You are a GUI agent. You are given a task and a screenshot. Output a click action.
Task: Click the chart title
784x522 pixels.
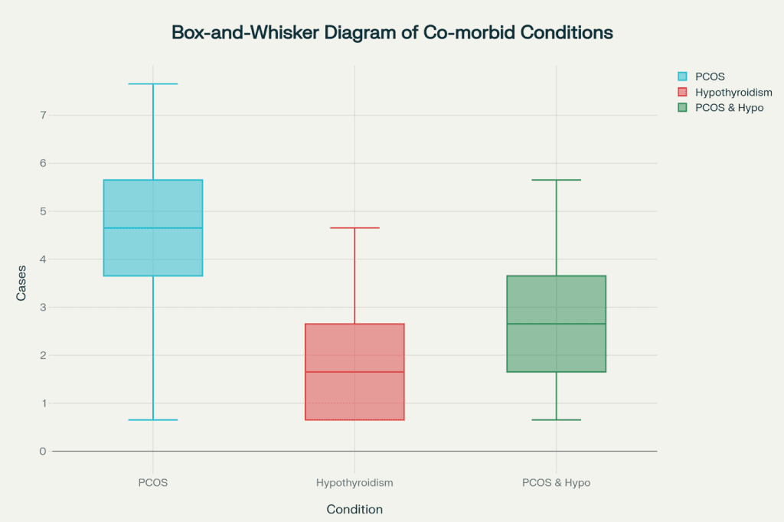pyautogui.click(x=392, y=33)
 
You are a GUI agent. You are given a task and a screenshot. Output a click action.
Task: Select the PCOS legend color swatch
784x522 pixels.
pyautogui.click(x=682, y=77)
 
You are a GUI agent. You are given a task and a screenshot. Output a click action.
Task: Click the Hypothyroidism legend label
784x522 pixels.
pyautogui.click(x=733, y=92)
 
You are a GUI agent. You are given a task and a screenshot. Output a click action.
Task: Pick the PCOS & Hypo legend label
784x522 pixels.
pyautogui.click(x=729, y=107)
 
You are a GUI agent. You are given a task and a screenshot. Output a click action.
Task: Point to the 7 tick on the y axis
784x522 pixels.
pyautogui.click(x=43, y=116)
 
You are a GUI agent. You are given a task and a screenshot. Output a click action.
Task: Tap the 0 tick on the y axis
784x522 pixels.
pyautogui.click(x=43, y=452)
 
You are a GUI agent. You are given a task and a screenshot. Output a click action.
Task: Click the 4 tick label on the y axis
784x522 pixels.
pyautogui.click(x=43, y=259)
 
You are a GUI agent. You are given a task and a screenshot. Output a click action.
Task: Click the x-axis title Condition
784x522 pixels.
pyautogui.click(x=354, y=509)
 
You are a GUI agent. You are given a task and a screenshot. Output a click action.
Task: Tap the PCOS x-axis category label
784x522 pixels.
pyautogui.click(x=153, y=483)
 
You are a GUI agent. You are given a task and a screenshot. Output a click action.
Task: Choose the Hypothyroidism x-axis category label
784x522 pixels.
pyautogui.click(x=354, y=483)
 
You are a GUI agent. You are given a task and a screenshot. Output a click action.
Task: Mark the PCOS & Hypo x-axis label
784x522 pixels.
pyautogui.click(x=556, y=483)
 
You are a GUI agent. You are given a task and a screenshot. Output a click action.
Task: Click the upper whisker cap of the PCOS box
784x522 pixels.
pyautogui.click(x=153, y=83)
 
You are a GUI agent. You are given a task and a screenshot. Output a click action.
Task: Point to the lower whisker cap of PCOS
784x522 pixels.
pyautogui.click(x=153, y=419)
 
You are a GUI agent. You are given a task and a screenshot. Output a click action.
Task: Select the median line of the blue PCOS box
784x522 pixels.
pyautogui.click(x=153, y=228)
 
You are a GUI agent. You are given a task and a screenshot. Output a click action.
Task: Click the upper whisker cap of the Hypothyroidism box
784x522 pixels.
pyautogui.click(x=354, y=228)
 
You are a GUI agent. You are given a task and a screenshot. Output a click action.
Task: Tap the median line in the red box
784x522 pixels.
pyautogui.click(x=354, y=372)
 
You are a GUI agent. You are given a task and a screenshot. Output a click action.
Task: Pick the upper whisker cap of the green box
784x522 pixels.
pyautogui.click(x=556, y=180)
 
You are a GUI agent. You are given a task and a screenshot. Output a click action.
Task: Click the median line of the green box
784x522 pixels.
pyautogui.click(x=556, y=324)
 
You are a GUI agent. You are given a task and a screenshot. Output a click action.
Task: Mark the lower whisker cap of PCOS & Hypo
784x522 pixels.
pyautogui.click(x=556, y=419)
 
